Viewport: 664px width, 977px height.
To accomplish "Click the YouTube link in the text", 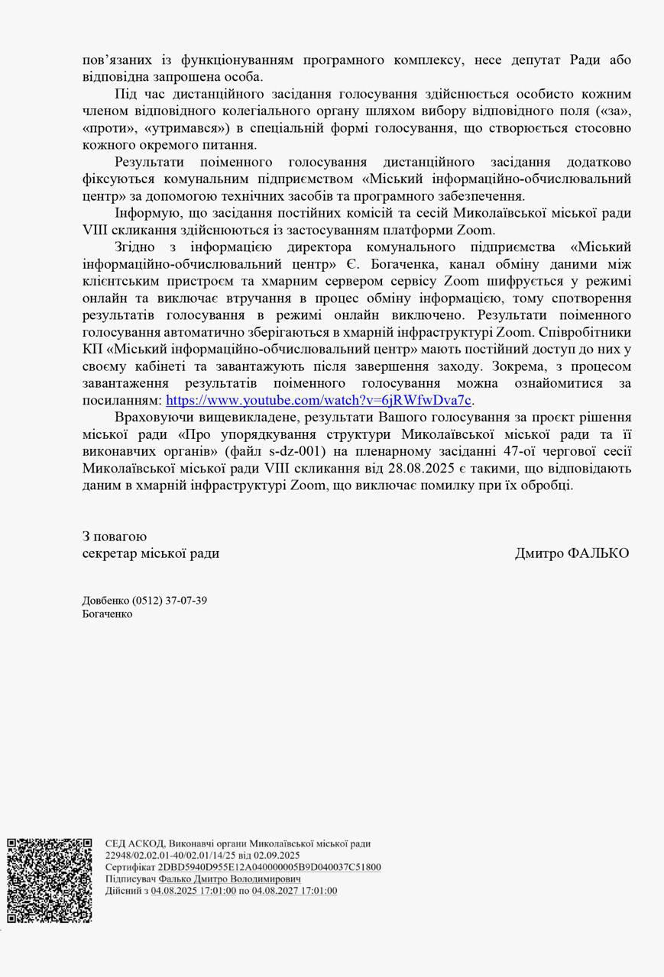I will (x=319, y=400).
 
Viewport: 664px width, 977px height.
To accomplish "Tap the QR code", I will (x=50, y=880).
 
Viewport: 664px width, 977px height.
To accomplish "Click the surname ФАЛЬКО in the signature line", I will (x=598, y=553).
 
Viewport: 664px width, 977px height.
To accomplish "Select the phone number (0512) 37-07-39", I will (x=169, y=600).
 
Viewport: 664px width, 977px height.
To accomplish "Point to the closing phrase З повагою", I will (x=115, y=537).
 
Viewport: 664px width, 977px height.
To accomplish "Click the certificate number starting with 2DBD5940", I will (x=269, y=867).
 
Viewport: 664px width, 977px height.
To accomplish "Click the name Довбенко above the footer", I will (x=105, y=600).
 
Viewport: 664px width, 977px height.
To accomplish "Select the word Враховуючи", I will (x=151, y=418).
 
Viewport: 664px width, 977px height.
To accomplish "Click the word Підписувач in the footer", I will (x=131, y=879).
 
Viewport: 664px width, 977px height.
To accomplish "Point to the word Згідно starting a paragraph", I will (x=135, y=247).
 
